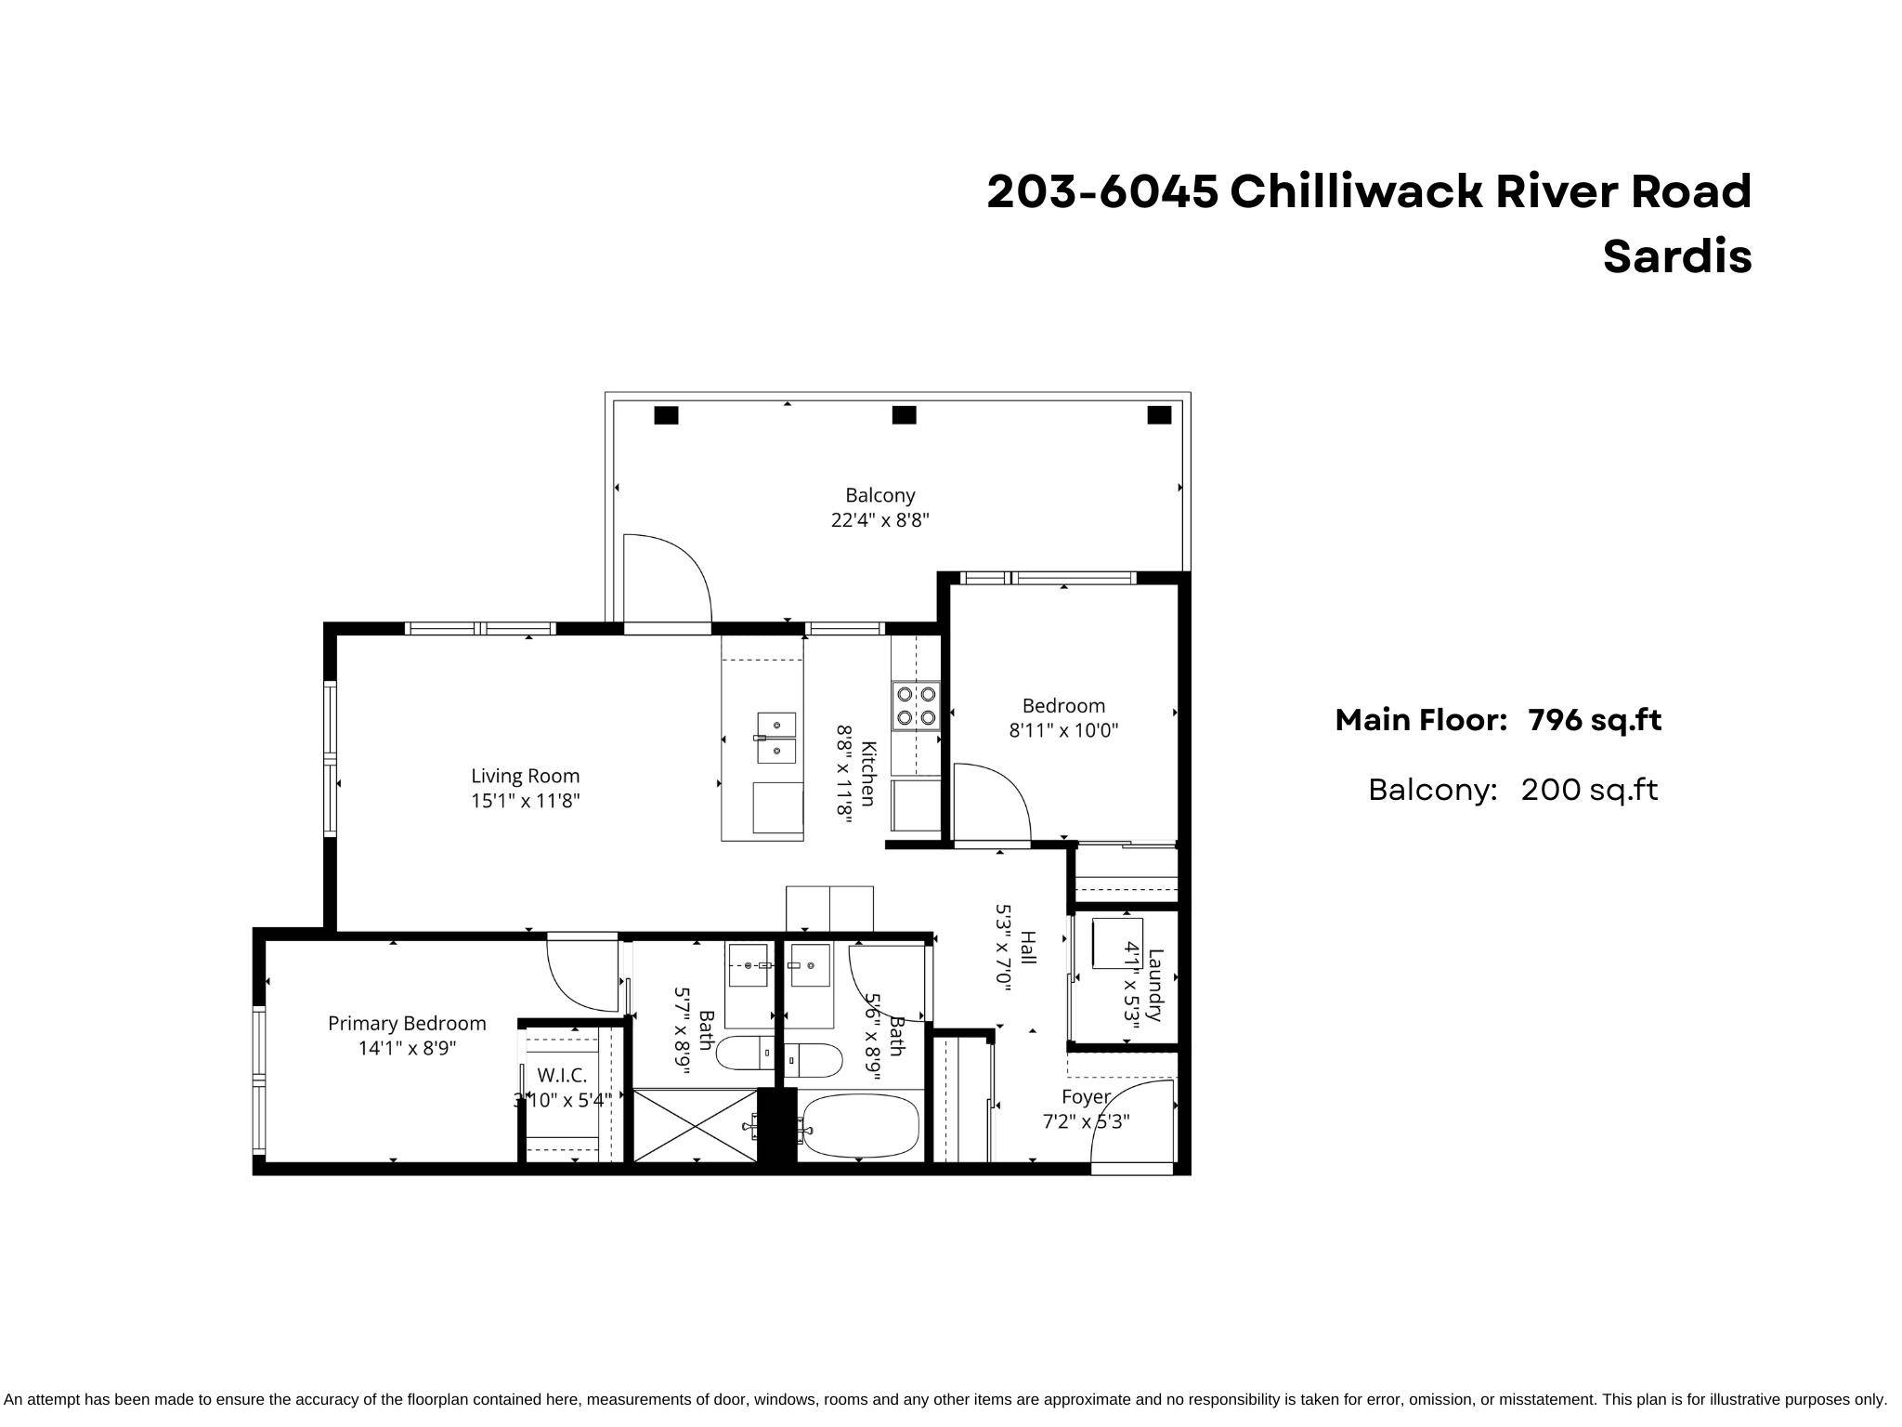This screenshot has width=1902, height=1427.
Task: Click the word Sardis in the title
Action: click(x=1676, y=257)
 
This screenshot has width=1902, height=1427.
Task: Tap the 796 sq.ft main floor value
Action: click(x=1594, y=720)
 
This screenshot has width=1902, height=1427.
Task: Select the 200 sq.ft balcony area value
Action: click(x=1588, y=790)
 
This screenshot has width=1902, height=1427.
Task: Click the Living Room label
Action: click(x=525, y=776)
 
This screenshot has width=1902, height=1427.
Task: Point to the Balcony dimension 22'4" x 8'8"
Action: click(x=879, y=520)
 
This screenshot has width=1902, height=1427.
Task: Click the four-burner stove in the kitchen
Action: click(x=916, y=705)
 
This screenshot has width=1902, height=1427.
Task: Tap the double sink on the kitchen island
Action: click(x=776, y=738)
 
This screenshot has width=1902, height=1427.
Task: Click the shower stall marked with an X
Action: click(x=696, y=1125)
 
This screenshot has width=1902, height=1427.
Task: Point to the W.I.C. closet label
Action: click(x=562, y=1076)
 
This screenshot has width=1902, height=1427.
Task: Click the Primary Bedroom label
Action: click(x=407, y=1023)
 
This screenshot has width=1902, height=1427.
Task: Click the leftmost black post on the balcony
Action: click(x=666, y=415)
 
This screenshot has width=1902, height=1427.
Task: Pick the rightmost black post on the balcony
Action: click(x=1159, y=415)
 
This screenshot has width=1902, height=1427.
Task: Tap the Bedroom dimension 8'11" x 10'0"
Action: click(x=1063, y=731)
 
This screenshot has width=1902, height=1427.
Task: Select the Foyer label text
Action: click(x=1086, y=1097)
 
